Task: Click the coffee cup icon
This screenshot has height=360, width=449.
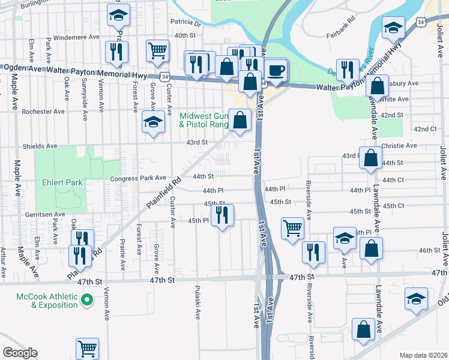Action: [x=276, y=70]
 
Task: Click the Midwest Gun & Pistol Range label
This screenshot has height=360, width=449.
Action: [x=204, y=120]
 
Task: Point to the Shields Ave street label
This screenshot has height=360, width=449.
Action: [x=40, y=146]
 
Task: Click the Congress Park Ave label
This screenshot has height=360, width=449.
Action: [x=137, y=178]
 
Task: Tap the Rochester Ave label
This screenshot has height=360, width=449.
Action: [x=43, y=112]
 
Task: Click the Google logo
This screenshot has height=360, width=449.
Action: [x=20, y=353]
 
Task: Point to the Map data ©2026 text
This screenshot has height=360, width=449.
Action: [x=423, y=355]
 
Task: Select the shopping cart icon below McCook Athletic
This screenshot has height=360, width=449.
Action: [x=87, y=348]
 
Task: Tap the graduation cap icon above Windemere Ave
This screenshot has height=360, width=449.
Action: [x=118, y=16]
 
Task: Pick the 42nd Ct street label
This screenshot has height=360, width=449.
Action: [x=424, y=129]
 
